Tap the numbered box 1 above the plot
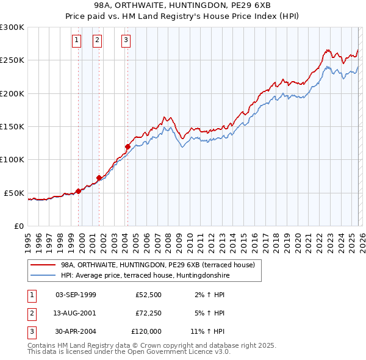[x=77, y=41]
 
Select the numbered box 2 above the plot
[x=97, y=41]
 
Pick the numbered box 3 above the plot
[x=126, y=41]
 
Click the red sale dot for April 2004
[x=127, y=146]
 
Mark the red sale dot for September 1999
[x=78, y=191]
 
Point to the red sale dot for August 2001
[x=99, y=178]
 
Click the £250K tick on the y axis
[x=12, y=60]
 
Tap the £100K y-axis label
[x=12, y=160]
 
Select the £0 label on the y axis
[x=18, y=226]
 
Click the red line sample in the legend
[x=43, y=265]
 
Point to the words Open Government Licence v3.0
[x=182, y=352]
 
